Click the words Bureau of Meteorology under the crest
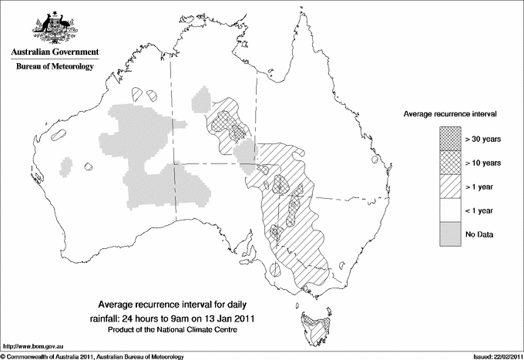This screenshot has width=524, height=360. pyautogui.click(x=55, y=67)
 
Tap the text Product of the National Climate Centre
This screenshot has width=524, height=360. pyautogui.click(x=175, y=330)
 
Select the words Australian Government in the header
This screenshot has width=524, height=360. pyautogui.click(x=55, y=52)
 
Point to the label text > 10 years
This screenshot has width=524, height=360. pyautogui.click(x=483, y=162)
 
